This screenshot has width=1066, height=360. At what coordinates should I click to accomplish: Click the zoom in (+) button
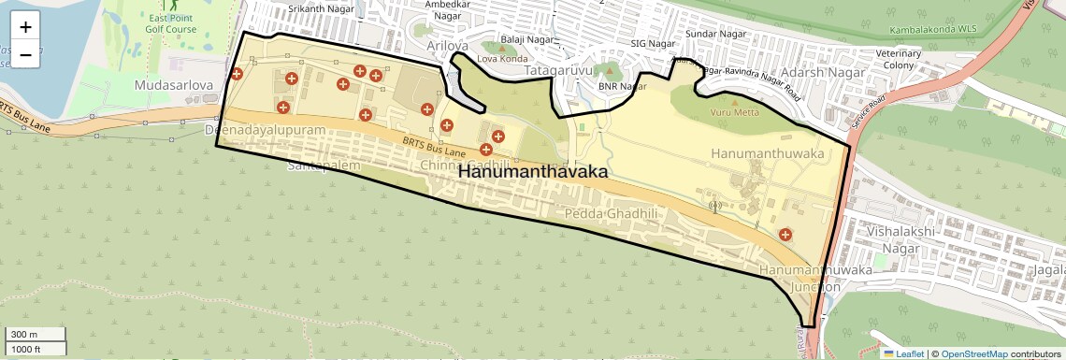(25, 27)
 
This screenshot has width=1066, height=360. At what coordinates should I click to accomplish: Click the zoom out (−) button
(25, 54)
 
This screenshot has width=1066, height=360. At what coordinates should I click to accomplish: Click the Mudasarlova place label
(174, 85)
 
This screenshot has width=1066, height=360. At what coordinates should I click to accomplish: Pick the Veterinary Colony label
(899, 60)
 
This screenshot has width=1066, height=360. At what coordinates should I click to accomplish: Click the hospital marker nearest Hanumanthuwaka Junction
(785, 235)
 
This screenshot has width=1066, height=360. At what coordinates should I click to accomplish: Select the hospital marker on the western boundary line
(236, 74)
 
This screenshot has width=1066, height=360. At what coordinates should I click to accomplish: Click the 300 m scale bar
(36, 335)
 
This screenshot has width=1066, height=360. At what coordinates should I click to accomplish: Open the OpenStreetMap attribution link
(973, 353)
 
